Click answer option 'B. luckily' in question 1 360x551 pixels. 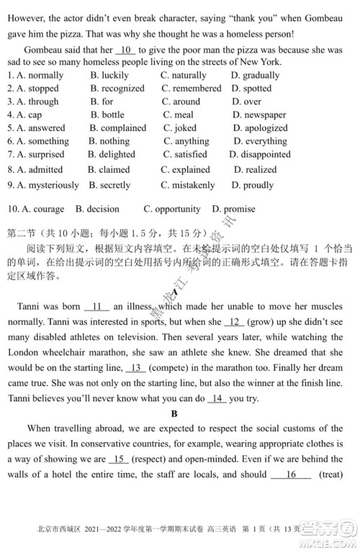pyautogui.click(x=109, y=75)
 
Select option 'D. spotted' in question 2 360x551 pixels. pyautogui.click(x=251, y=89)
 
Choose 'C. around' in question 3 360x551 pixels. pyautogui.click(x=181, y=102)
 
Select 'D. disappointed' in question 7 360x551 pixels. pyautogui.click(x=260, y=155)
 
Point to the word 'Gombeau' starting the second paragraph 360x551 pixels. pyautogui.click(x=45, y=50)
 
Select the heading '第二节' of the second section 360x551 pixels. pyautogui.click(x=23, y=234)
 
